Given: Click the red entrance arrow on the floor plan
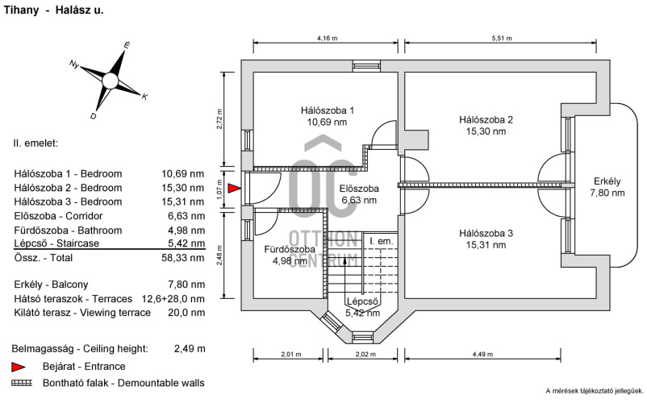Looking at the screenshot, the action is point(235,189).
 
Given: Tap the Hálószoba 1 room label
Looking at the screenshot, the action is point(328,110).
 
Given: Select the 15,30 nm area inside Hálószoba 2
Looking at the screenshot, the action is point(486,131).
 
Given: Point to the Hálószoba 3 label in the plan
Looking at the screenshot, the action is point(486,233).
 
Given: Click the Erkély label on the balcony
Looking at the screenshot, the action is point(607,181).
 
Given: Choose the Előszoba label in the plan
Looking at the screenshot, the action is point(359,189).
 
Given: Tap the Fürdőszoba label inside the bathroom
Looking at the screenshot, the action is point(290,249).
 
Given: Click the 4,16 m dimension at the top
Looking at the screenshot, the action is point(328,39).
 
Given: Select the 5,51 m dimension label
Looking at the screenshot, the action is point(502,39).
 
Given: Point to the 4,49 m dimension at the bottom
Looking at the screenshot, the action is point(482,354).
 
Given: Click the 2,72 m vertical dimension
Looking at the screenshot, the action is point(219,119).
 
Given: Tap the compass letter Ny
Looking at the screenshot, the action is point(74,64).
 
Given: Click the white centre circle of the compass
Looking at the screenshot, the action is point(110,81).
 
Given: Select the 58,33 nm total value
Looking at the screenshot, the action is point(183,258).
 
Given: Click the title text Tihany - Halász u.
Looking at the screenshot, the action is point(53,10).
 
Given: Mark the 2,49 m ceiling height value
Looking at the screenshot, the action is point(190,349).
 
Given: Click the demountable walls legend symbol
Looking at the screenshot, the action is point(22,383).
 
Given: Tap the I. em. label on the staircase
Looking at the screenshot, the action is point(382,242).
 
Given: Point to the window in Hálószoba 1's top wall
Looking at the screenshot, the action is point(366,66).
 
